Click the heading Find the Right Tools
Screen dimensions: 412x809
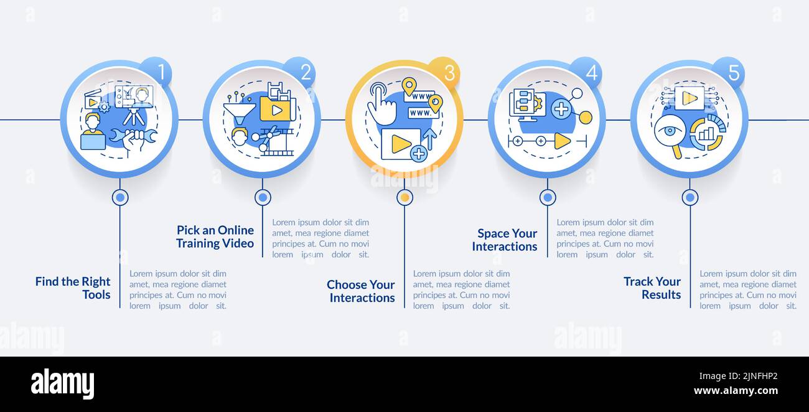click(73, 288)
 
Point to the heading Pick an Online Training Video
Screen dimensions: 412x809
click(215, 236)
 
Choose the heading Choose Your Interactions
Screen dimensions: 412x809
click(361, 291)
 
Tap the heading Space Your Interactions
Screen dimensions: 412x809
click(505, 240)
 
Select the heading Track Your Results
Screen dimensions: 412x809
click(652, 288)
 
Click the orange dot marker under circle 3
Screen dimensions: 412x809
click(405, 197)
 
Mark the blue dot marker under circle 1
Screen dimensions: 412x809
click(120, 197)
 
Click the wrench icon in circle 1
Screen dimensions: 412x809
click(133, 135)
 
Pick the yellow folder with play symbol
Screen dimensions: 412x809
click(275, 110)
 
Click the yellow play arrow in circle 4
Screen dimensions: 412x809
click(562, 141)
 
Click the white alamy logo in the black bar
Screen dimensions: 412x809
click(62, 384)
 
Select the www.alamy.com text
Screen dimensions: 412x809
click(736, 391)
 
